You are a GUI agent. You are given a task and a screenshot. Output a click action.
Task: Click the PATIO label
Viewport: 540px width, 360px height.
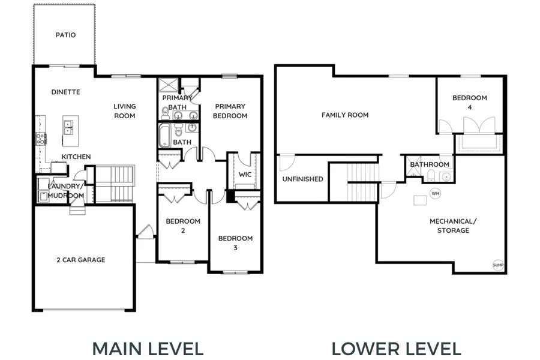[65, 35]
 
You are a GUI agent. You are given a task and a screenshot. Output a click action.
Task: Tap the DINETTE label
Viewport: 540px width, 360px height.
[65, 92]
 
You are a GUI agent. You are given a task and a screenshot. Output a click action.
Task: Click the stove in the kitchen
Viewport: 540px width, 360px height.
[41, 139]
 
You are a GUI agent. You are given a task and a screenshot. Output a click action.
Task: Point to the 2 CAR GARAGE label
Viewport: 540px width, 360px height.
[81, 260]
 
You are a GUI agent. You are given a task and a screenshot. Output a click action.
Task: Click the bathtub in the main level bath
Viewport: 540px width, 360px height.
[164, 136]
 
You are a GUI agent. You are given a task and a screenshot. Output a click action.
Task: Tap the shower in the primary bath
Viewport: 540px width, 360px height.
[169, 85]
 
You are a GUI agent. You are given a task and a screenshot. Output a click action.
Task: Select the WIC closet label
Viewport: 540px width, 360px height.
[245, 175]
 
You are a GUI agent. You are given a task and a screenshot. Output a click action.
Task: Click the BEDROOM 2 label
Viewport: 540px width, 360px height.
[183, 226]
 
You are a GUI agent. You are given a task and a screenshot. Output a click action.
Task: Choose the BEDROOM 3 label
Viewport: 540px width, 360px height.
[235, 243]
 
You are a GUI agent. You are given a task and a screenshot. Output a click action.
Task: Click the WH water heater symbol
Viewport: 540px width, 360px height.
[436, 193]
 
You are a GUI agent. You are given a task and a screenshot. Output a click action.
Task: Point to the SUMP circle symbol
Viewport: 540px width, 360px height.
[498, 265]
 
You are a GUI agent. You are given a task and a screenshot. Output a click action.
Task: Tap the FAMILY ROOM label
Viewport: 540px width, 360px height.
[345, 115]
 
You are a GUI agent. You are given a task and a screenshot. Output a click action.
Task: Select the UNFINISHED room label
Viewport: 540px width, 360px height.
[303, 179]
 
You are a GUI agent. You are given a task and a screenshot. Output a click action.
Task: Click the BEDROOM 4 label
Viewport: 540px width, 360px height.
[469, 103]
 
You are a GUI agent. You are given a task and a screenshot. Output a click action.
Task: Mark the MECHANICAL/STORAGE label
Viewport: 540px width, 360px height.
[453, 226]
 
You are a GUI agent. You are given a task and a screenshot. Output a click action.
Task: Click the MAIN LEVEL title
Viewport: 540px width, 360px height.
[148, 349]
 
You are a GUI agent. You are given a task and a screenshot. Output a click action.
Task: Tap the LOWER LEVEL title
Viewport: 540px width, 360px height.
[396, 349]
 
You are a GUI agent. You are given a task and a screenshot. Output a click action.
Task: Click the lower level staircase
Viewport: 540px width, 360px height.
[362, 182]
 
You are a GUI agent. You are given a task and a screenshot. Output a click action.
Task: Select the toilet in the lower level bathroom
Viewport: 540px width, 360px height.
[431, 176]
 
